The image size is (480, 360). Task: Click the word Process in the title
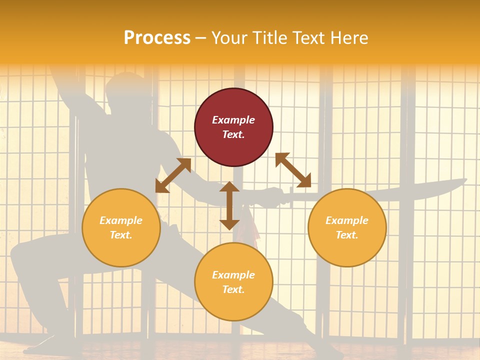pos(157,38)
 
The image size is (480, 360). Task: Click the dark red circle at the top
pos(233,127)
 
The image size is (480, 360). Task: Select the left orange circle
pos(121,227)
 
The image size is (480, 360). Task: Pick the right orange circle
pos(347,227)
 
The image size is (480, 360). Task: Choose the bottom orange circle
pos(233,281)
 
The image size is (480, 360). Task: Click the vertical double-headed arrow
pos(229,205)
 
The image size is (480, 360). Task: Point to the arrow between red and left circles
pos(173,175)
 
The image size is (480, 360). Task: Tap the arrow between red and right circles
pos(293,170)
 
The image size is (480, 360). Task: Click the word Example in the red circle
pos(233,120)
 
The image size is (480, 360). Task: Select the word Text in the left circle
pos(121,235)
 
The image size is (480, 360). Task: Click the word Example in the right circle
pos(347,220)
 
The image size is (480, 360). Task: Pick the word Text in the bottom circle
pos(233,289)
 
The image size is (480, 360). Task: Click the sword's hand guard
pos(289,196)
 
